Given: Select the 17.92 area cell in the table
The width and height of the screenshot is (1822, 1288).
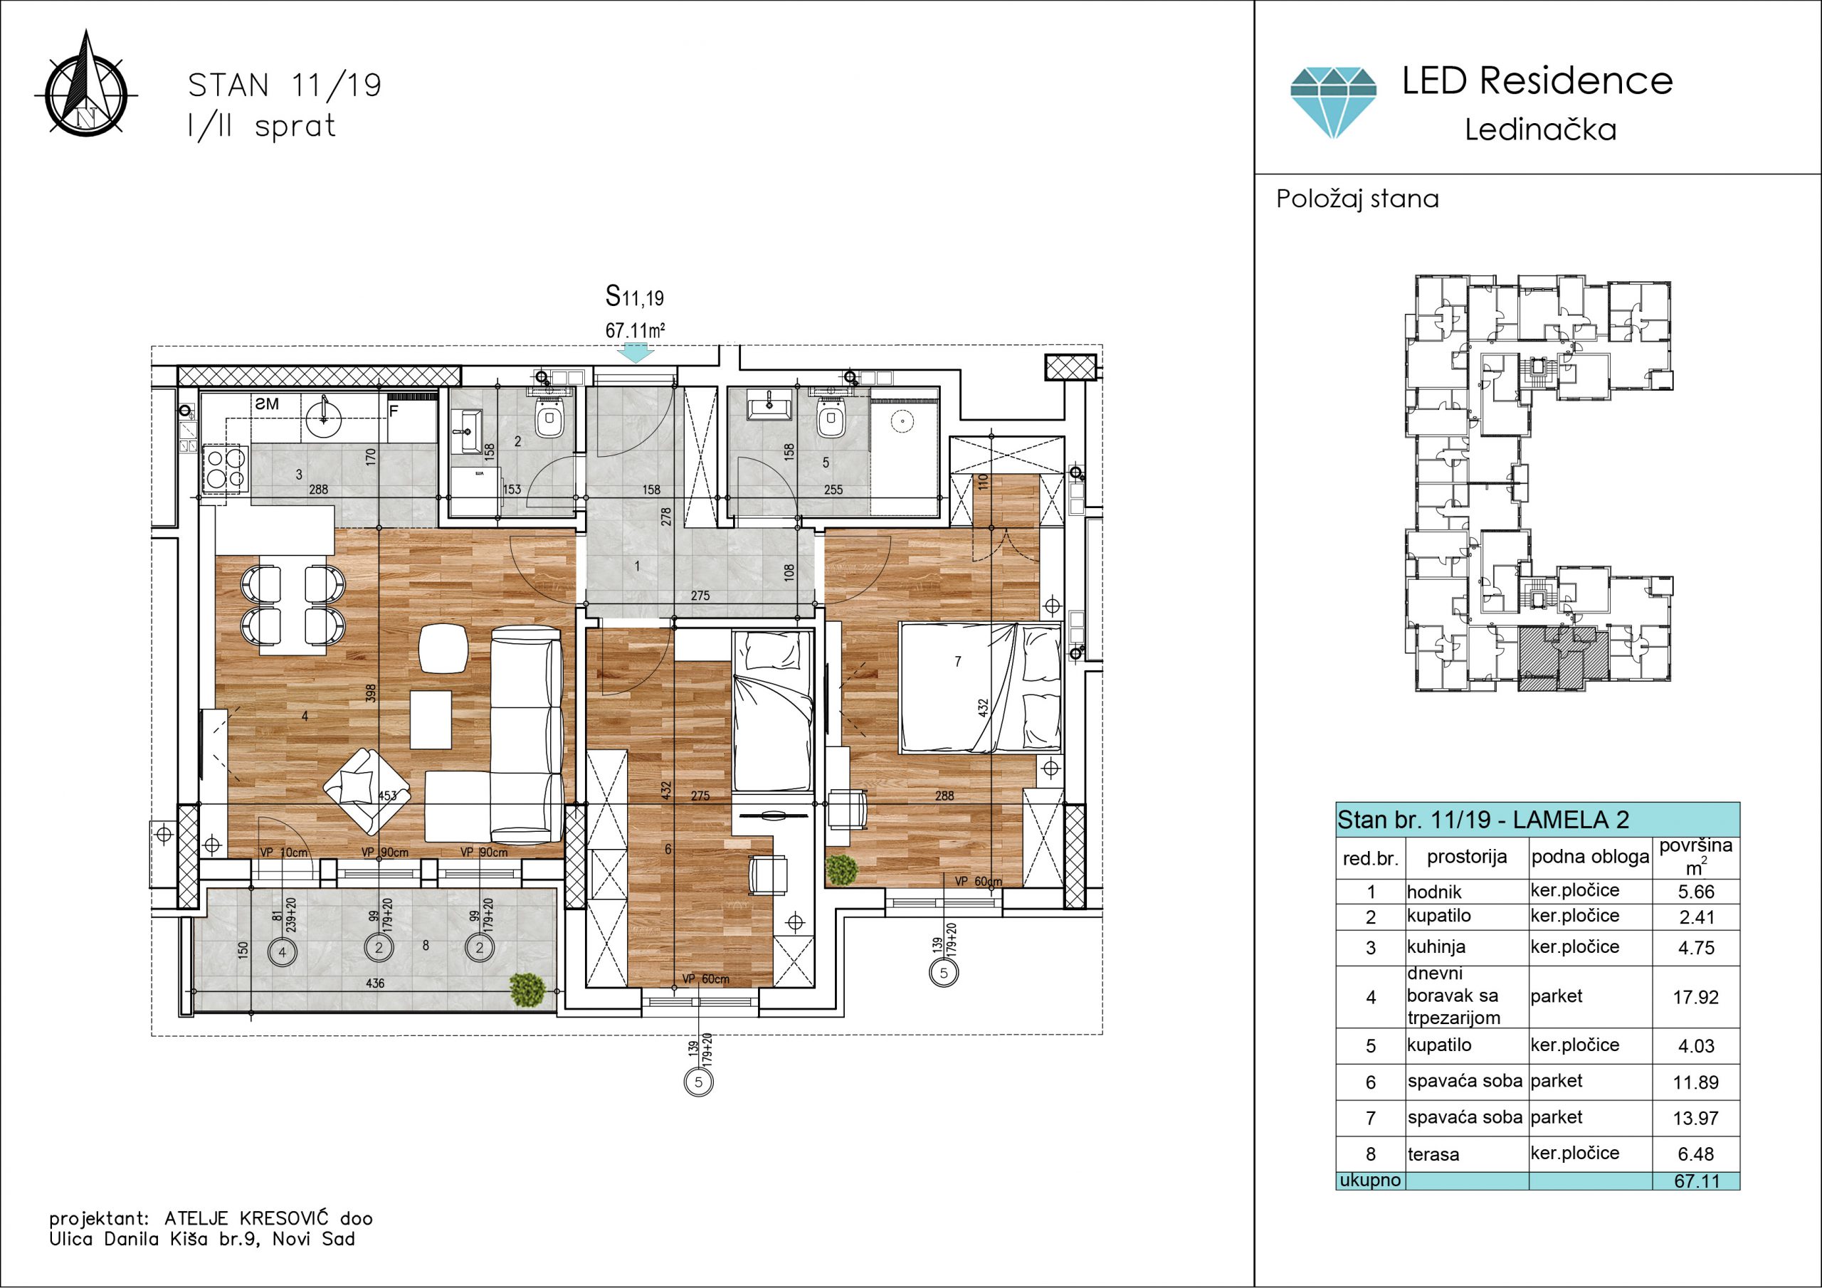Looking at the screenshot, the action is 1696,997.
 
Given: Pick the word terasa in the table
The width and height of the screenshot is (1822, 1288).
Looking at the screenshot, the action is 1433,1155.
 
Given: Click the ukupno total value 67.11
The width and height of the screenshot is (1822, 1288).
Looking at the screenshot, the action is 1697,1181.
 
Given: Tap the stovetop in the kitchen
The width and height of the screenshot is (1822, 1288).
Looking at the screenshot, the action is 226,470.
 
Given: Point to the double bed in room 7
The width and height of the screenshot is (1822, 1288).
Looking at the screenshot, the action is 980,687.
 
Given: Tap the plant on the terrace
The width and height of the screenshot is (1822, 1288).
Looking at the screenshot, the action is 527,990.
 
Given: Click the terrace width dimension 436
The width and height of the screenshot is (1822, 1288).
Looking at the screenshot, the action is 374,983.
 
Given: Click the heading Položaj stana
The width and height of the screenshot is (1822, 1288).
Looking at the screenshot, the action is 1357,199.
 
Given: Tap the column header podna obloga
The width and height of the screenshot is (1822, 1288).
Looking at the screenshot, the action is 1589,857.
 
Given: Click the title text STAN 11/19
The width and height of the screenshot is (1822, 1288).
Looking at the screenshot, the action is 284,85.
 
